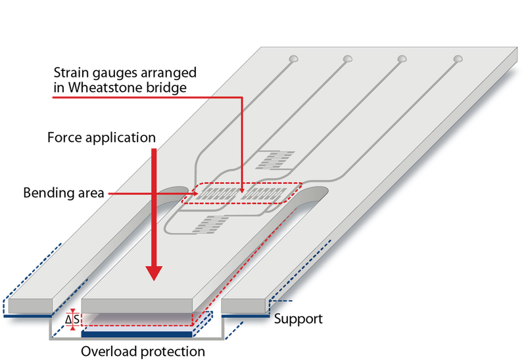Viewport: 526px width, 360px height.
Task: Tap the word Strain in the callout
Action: (x=71, y=73)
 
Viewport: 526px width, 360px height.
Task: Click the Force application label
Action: (x=101, y=137)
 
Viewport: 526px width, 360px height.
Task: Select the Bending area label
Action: (x=64, y=193)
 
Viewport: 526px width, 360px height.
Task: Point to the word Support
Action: (x=299, y=319)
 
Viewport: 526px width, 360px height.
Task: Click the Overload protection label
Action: (x=143, y=351)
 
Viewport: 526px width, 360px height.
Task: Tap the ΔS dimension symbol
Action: (x=72, y=320)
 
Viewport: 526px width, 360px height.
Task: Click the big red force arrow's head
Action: (x=154, y=273)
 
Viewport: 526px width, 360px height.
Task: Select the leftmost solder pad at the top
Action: (x=293, y=59)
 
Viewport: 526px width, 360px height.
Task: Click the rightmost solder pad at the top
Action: (x=458, y=59)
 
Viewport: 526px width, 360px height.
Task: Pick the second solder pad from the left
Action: (x=348, y=59)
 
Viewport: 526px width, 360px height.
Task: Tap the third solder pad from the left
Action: (x=402, y=59)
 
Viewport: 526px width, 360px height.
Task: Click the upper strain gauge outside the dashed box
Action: (x=275, y=160)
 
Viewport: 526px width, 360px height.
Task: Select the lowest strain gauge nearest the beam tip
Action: (x=210, y=224)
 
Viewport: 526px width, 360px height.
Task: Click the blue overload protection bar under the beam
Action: (x=137, y=334)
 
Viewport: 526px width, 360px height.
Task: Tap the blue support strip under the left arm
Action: (x=28, y=316)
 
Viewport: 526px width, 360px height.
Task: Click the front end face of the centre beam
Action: (x=137, y=305)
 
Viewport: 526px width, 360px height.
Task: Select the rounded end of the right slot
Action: (x=316, y=194)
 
